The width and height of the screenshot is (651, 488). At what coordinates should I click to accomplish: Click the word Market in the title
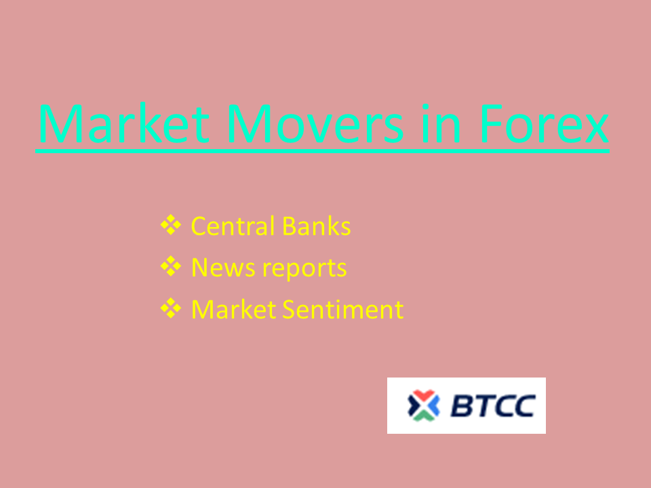point(123,123)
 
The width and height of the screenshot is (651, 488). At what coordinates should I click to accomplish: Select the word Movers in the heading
point(315,123)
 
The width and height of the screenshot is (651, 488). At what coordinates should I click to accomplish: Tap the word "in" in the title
point(441,123)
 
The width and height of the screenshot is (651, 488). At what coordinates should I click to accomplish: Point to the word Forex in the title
point(544,123)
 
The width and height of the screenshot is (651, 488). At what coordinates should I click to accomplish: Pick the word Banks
point(317,226)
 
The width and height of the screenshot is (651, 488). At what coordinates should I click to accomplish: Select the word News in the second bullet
point(223,268)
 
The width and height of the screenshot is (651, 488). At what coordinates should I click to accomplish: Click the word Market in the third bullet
point(234,310)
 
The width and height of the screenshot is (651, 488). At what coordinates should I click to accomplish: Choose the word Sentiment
point(343,310)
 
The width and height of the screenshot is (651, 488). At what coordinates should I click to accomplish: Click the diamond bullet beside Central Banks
point(171,225)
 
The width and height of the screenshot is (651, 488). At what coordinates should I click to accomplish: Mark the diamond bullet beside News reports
point(171,266)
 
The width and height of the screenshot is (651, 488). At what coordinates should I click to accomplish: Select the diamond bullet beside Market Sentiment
point(171,308)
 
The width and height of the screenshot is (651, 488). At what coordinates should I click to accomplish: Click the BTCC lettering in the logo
point(493,405)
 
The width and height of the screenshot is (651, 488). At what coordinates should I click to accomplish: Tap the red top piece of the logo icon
point(423,395)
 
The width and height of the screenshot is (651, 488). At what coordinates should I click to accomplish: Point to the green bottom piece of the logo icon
point(423,415)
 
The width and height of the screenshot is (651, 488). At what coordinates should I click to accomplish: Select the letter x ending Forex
point(597,128)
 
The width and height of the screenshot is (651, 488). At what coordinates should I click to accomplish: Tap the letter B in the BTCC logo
point(462,405)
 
